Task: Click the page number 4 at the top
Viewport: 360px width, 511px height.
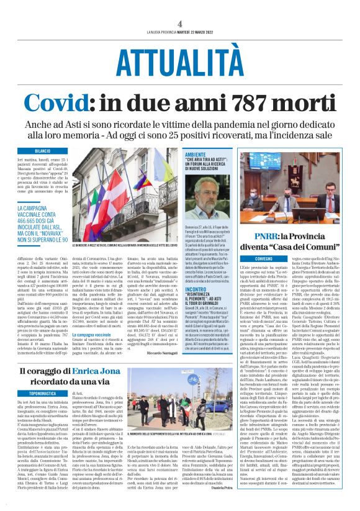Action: [179, 23]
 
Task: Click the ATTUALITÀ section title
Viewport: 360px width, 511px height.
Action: [179, 61]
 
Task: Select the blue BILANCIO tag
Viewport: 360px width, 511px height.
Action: [43, 151]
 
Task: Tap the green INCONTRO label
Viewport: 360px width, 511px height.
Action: [196, 271]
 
